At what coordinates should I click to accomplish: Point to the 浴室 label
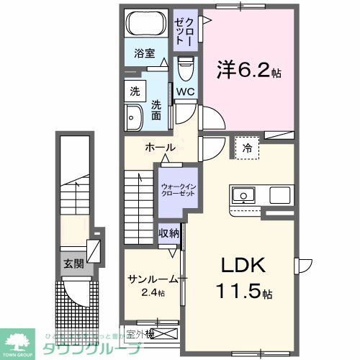(x=143, y=53)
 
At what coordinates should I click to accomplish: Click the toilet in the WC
(x=185, y=71)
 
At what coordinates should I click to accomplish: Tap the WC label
(x=185, y=91)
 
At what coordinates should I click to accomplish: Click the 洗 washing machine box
(x=134, y=91)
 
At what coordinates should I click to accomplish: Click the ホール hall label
(x=160, y=148)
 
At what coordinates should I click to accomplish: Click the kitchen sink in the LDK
(x=242, y=194)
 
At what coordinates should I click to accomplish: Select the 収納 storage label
(x=168, y=233)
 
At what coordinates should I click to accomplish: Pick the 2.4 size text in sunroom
(x=153, y=292)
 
